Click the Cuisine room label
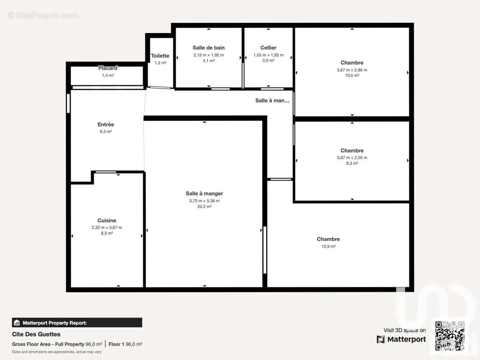(107, 220)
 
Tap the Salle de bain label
(208, 48)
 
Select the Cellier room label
(268, 48)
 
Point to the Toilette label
(160, 56)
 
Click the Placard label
(108, 68)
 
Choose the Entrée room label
(106, 124)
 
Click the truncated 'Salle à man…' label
(272, 100)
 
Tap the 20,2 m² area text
(204, 207)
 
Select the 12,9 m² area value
(328, 246)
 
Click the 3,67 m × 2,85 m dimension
(352, 70)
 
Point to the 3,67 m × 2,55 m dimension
(352, 157)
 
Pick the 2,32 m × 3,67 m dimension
(107, 227)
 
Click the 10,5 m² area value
(352, 76)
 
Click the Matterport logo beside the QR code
(402, 339)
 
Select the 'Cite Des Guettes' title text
(36, 334)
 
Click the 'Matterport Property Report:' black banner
(77, 323)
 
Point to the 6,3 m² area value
(106, 131)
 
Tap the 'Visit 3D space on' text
(404, 330)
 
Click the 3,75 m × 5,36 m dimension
(204, 201)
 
